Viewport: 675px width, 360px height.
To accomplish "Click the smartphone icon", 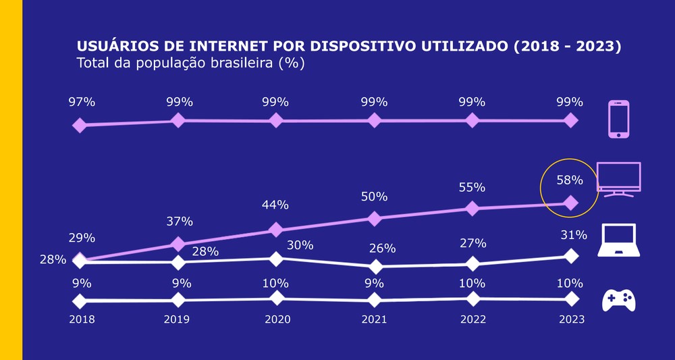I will tap(618, 119).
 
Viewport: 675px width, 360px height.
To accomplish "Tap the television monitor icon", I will tap(618, 179).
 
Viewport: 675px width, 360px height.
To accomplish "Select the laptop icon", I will tap(618, 240).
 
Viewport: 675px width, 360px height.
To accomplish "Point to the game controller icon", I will tap(618, 300).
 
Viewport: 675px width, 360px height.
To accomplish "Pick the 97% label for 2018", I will tap(82, 102).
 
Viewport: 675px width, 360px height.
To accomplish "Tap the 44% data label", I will tap(275, 205).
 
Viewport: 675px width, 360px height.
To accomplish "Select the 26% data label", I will tap(374, 249).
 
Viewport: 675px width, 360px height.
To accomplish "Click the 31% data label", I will tap(573, 235).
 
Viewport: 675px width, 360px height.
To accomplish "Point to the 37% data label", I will tap(180, 221).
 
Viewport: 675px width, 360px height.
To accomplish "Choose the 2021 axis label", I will tap(374, 319).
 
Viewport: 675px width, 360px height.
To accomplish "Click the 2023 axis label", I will tap(571, 319).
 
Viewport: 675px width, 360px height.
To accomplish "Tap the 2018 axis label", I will tap(82, 319).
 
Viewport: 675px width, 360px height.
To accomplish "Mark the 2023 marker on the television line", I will tap(570, 203).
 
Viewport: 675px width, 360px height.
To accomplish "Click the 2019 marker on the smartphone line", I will tap(178, 120).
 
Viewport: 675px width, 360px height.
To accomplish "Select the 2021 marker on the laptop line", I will tap(375, 267).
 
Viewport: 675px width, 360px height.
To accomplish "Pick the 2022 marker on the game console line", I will tap(473, 299).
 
